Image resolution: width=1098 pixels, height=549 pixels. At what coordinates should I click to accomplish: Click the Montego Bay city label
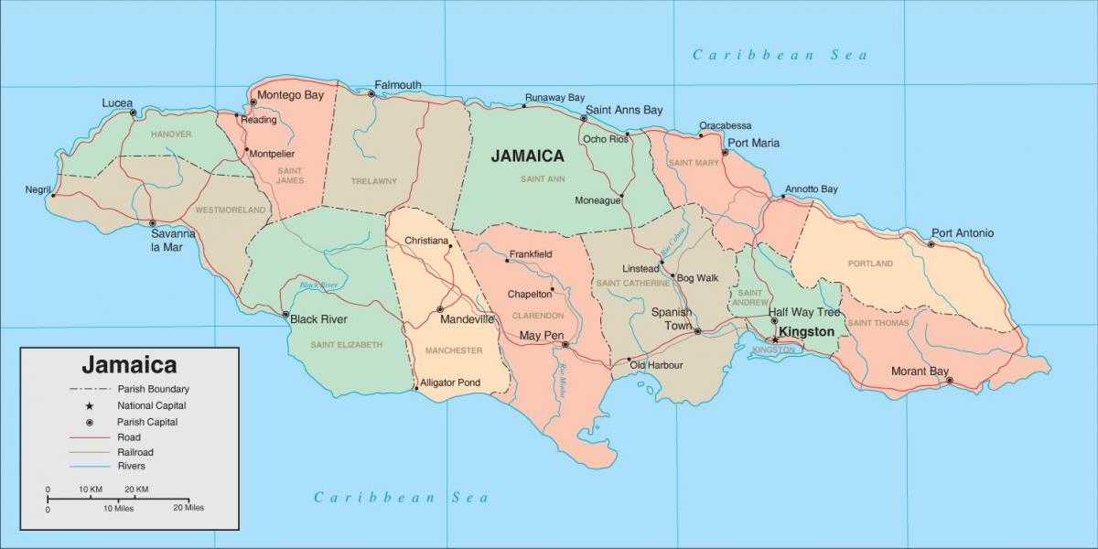coord(292,94)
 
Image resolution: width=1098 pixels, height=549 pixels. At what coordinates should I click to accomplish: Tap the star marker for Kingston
coord(775,339)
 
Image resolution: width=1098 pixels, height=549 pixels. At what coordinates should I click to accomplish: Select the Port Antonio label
coord(962,233)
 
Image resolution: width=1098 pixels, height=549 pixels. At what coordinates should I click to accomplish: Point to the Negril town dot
coord(53,195)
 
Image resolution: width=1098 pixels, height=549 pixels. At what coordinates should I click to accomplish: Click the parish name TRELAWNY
coord(374,181)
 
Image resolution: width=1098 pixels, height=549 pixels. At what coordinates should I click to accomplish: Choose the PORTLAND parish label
coord(870,264)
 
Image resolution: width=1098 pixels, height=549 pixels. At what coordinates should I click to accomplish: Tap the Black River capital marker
coord(285,314)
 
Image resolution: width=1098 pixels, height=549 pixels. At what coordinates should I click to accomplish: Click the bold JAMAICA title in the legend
coord(129,365)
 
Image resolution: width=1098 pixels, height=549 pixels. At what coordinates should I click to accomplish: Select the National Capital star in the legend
coord(90,405)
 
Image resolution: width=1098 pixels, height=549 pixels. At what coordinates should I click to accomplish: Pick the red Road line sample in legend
coord(89,437)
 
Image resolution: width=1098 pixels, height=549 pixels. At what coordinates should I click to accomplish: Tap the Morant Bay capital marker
coord(949,381)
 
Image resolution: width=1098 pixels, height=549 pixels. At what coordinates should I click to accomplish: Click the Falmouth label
coord(398,85)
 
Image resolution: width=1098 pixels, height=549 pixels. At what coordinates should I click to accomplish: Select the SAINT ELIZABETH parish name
coord(346,345)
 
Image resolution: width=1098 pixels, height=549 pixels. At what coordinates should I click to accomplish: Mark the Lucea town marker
coord(134,113)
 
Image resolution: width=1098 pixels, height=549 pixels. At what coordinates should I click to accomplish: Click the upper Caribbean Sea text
coord(780,55)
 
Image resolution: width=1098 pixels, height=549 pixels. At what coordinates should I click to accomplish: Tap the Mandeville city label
coord(467,319)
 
